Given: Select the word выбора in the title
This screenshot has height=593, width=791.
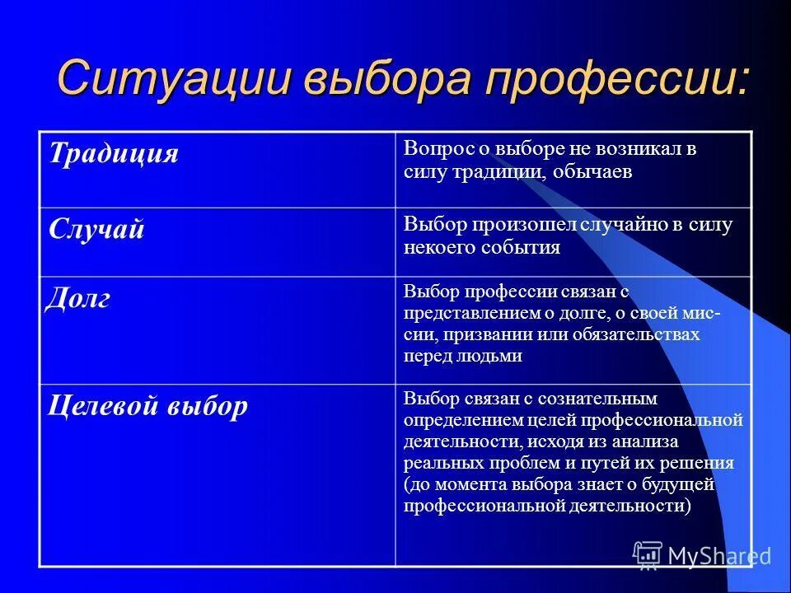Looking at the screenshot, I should tap(392, 78).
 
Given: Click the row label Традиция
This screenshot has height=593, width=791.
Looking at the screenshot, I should tap(114, 153).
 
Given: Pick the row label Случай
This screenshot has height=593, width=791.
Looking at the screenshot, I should tap(96, 229).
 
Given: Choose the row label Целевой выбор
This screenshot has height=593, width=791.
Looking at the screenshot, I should tap(147, 406).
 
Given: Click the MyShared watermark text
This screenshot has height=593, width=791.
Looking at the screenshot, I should tap(718, 557).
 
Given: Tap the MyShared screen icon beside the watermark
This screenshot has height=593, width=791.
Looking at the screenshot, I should tap(648, 556).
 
